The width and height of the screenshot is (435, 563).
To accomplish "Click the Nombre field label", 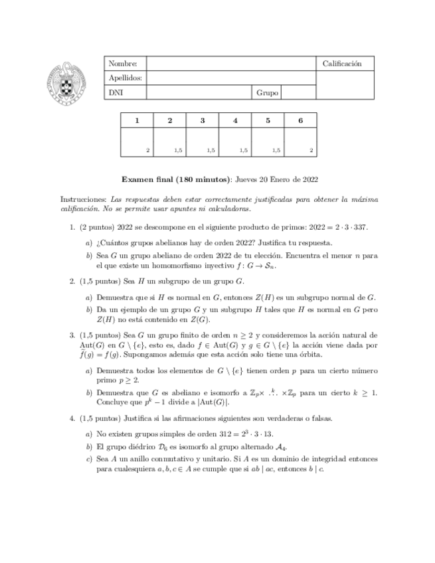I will click(123, 64).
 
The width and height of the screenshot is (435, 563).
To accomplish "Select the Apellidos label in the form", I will click(125, 78).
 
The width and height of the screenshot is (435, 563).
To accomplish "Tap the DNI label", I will click(116, 94).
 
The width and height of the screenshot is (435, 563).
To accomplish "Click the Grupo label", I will click(267, 94).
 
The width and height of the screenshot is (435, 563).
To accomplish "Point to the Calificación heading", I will click(342, 64).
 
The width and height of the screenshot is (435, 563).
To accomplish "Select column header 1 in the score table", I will click(137, 120).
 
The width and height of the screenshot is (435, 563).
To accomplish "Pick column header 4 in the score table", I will click(235, 120).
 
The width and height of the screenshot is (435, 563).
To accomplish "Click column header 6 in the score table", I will click(300, 120).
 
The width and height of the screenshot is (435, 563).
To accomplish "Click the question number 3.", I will click(73, 335).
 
